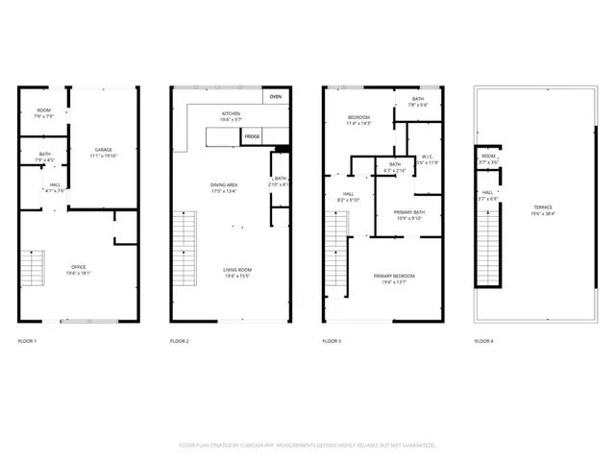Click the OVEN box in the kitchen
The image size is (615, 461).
276,97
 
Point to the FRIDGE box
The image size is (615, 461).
252,137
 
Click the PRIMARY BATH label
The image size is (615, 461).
402,214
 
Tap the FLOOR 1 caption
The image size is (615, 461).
29,341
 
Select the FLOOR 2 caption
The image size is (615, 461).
180,341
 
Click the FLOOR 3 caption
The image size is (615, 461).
332,341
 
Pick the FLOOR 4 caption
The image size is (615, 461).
483,341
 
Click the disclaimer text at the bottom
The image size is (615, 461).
307,446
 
